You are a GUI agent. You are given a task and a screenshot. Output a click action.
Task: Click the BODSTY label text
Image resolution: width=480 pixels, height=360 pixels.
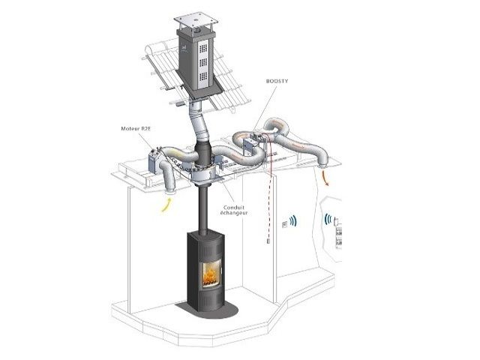(x=277, y=81)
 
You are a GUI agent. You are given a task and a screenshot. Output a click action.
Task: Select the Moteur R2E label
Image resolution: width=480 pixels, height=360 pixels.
(x=136, y=128)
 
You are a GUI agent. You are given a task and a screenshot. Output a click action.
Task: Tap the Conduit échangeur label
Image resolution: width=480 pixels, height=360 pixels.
(x=234, y=210)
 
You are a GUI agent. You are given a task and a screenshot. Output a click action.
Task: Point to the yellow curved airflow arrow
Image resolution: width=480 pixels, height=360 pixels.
(x=166, y=205)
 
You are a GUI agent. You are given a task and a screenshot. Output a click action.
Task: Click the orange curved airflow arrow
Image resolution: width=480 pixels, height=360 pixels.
(x=325, y=178)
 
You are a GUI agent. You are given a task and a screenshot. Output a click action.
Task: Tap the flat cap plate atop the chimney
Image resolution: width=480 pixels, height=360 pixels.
(x=196, y=20)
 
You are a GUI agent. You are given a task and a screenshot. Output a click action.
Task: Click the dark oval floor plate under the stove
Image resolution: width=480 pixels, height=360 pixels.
(x=207, y=310)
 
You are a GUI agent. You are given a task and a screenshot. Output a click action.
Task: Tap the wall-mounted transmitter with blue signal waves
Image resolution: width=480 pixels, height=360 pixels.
(x=284, y=224)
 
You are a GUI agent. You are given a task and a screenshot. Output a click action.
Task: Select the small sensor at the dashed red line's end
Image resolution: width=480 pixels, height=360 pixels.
(x=268, y=241)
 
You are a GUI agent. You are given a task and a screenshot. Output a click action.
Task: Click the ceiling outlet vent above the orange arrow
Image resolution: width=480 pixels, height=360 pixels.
(x=322, y=166)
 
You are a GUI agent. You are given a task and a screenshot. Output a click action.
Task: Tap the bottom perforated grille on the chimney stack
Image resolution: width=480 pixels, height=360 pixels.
(x=203, y=76)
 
